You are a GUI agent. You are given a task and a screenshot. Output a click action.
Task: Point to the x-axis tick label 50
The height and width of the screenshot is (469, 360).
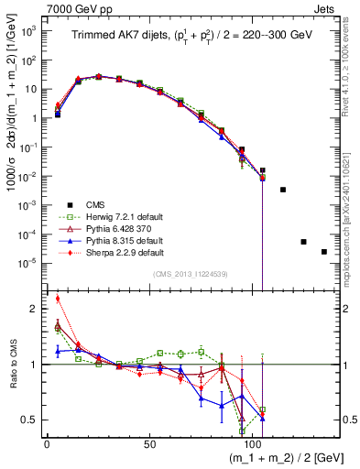pos(149,443)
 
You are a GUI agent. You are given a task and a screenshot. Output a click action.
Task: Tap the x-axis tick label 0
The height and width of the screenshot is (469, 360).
pos(47,443)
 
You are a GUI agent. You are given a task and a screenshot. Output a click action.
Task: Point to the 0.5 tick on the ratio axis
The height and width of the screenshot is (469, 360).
pos(28,420)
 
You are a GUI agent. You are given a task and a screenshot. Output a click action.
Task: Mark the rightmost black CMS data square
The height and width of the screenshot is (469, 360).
pos(324,252)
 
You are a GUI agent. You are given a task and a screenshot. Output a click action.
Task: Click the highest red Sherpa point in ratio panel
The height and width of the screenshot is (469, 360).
pos(58,298)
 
